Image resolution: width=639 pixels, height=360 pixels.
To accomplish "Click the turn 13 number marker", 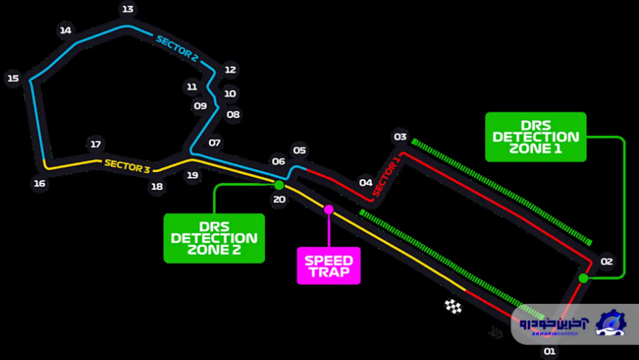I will tap(128, 9).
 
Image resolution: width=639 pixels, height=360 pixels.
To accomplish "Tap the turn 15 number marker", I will tap(12, 78).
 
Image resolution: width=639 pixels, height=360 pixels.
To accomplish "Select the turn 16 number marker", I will tap(40, 184).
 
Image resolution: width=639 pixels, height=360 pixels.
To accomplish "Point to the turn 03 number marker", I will tap(400, 137).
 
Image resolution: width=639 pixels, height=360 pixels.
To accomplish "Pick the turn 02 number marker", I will tap(607, 262).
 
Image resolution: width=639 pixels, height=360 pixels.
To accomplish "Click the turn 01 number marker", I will tap(549, 351).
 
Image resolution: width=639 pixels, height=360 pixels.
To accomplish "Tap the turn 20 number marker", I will tap(279, 200).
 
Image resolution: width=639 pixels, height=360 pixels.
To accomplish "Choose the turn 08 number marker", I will tap(233, 114).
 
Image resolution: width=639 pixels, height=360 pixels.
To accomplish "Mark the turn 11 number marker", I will tap(191, 87).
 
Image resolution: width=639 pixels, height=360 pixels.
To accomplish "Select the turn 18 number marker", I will tap(157, 187).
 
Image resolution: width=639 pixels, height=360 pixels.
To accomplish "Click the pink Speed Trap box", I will tap(329, 266).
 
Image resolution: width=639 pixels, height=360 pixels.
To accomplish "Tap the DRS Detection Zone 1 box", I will tap(535, 137).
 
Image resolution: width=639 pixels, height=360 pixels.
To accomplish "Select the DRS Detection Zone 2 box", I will tap(214, 238).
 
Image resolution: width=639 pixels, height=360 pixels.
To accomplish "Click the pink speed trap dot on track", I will tap(329, 210).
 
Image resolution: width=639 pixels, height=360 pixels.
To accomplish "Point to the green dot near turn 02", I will tap(583, 278).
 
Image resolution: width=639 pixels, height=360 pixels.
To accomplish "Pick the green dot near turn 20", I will tap(279, 185).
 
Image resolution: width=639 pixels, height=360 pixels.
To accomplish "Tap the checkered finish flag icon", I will tap(453, 307).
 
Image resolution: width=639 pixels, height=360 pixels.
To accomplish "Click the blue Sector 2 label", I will tap(177, 47).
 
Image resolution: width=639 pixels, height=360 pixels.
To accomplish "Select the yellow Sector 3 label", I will tap(127, 166).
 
